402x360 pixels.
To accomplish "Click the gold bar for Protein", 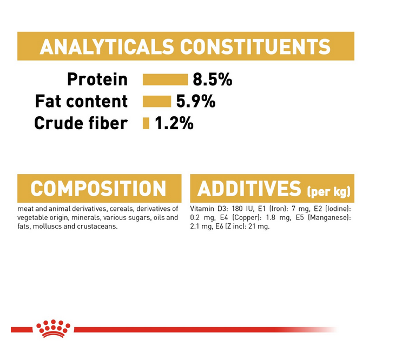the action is click(166, 79).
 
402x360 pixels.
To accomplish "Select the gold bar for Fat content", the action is click(157, 102).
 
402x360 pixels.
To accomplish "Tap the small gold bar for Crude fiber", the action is click(146, 123).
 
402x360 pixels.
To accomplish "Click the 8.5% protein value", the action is click(213, 79).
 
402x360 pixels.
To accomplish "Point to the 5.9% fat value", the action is click(196, 102).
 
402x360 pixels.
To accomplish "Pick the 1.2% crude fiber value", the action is click(174, 123).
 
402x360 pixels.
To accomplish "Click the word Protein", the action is click(97, 79).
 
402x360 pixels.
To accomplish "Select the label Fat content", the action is click(81, 102).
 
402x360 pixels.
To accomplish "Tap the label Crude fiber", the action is click(81, 123).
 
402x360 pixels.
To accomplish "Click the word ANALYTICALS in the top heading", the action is click(107, 46).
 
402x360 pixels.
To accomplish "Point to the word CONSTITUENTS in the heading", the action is click(255, 46).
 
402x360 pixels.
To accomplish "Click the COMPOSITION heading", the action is click(98, 189).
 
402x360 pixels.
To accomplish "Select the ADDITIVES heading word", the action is click(249, 189).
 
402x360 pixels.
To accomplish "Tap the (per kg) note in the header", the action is click(328, 191).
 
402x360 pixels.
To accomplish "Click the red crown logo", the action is click(54, 329).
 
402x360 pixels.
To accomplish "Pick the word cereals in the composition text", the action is click(122, 209).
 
